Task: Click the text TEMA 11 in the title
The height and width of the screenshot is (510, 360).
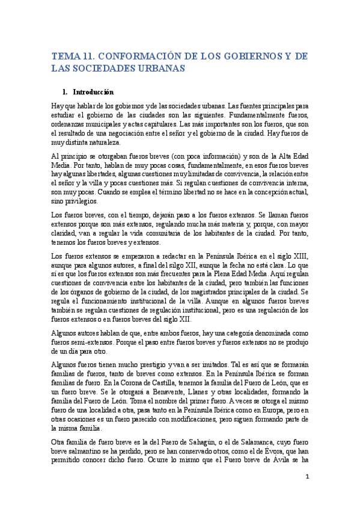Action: click(72, 56)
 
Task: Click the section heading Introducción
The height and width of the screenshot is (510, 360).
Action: click(93, 93)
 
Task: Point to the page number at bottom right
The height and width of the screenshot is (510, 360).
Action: click(307, 478)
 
